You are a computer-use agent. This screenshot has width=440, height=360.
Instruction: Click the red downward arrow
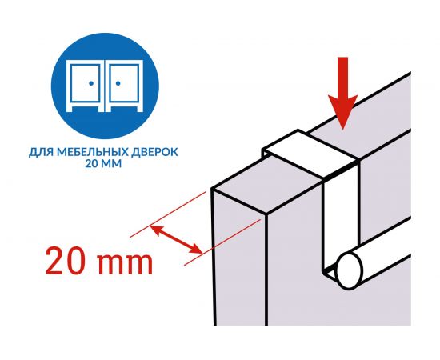pos(343,93)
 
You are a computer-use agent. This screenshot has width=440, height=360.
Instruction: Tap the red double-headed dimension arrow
pos(176,239)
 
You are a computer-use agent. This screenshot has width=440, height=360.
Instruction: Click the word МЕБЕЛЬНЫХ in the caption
pos(93,152)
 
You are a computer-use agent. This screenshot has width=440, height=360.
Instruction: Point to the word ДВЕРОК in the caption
pos(154,152)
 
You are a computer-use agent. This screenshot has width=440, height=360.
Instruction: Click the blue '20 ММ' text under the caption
pos(103,163)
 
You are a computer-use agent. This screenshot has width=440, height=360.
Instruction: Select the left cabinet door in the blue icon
pos(86,83)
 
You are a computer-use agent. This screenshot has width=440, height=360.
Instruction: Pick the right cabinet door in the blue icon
pos(124,83)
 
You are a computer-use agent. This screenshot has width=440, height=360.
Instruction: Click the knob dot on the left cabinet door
pos(91,83)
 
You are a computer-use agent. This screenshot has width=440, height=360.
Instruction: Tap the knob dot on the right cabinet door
pos(118,83)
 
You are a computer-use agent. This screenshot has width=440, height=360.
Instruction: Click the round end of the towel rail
pos(350,270)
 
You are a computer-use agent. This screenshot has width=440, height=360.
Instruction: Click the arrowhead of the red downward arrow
pos(343,112)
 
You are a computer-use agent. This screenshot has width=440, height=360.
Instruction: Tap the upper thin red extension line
pos(168,214)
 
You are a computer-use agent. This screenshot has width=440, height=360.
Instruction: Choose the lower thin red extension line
pos(222,242)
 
